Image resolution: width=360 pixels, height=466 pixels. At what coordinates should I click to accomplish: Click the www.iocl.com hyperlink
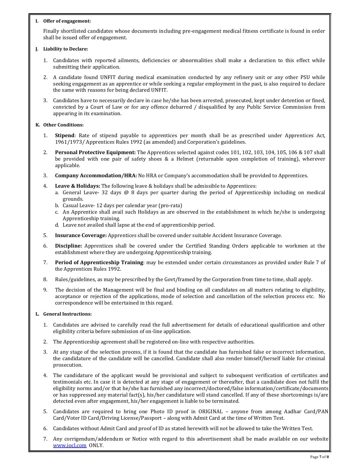(70, 445)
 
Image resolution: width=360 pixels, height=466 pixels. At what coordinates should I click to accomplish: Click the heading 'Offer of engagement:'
(67, 21)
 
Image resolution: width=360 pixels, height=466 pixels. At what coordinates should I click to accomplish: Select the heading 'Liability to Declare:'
(66, 49)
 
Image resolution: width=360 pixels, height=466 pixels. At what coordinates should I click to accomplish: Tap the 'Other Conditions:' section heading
(63, 125)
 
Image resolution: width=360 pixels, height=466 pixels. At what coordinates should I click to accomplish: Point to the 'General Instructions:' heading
(67, 314)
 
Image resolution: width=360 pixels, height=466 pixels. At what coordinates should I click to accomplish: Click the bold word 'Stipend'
(65, 135)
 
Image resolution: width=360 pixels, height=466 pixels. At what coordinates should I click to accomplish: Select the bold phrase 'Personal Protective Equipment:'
(95, 152)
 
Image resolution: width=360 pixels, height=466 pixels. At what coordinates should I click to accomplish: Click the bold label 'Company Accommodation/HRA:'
(96, 176)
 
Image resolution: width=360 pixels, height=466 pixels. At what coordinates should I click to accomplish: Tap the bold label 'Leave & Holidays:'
(77, 186)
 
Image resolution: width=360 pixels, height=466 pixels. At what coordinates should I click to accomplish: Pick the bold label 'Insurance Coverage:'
(81, 235)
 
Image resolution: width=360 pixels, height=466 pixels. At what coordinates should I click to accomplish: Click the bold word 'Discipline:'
(68, 246)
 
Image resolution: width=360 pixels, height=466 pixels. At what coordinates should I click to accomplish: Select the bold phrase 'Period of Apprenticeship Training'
(99, 262)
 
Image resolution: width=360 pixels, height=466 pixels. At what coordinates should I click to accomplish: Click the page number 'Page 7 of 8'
(319, 457)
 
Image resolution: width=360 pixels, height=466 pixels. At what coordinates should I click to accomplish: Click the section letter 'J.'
(37, 49)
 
